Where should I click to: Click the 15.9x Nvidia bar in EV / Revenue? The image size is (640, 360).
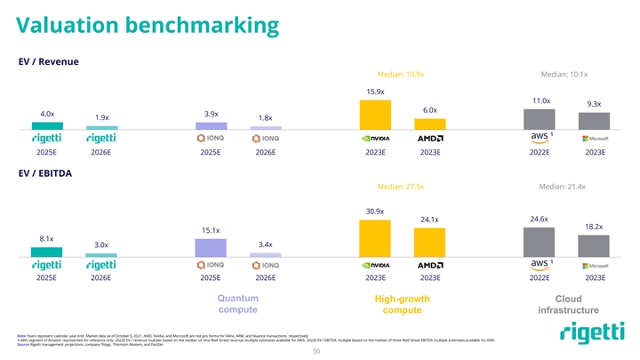pyautogui.click(x=375, y=115)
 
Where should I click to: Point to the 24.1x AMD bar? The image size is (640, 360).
pyautogui.click(x=430, y=242)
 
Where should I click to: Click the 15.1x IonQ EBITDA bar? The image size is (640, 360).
pyautogui.click(x=211, y=246)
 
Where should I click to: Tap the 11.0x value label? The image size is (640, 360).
pyautogui.click(x=540, y=101)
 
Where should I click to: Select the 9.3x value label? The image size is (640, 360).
pyautogui.click(x=594, y=104)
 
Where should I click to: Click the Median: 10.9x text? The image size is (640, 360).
pyautogui.click(x=401, y=75)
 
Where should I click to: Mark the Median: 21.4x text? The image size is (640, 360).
pyautogui.click(x=564, y=187)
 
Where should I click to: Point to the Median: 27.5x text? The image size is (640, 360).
pyautogui.click(x=401, y=187)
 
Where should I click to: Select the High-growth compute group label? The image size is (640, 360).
pyautogui.click(x=402, y=304)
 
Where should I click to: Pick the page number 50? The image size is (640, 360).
pyautogui.click(x=320, y=351)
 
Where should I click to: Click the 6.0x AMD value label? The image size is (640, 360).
pyautogui.click(x=430, y=109)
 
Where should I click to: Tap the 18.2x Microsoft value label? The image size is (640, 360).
pyautogui.click(x=594, y=227)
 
